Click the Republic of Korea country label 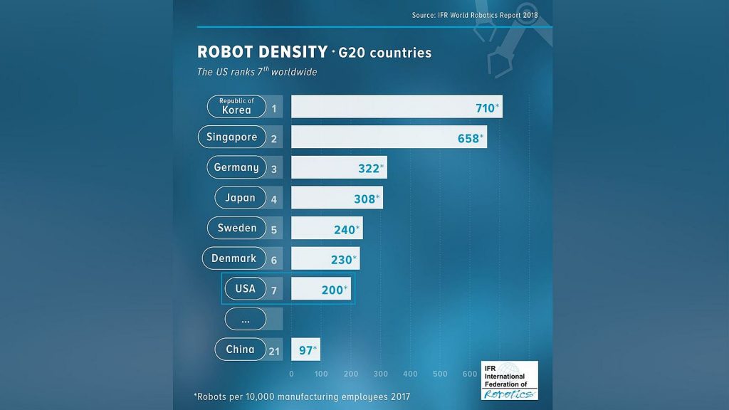236,107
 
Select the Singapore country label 232,137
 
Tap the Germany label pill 236,168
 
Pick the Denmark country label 234,258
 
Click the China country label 240,349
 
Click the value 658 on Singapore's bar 468,138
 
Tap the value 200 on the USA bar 332,290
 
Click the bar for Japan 337,199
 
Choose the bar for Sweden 327,228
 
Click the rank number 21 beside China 274,350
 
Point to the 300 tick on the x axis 380,374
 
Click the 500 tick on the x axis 439,374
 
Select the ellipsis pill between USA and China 245,320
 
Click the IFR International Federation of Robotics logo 509,380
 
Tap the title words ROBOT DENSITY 261,53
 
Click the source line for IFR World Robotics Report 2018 475,15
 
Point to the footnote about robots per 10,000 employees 302,396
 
